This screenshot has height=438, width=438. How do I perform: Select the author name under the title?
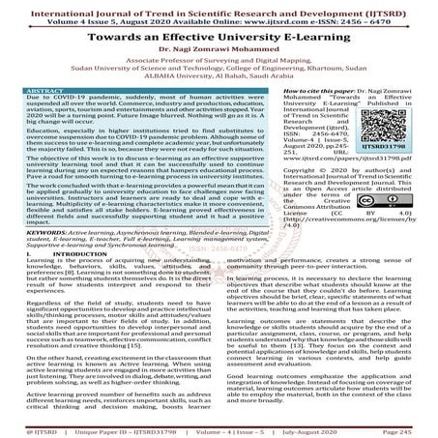click(x=219, y=48)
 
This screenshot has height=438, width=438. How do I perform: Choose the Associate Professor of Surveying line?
click(x=219, y=61)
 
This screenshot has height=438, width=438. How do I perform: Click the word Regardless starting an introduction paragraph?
click(x=45, y=305)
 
